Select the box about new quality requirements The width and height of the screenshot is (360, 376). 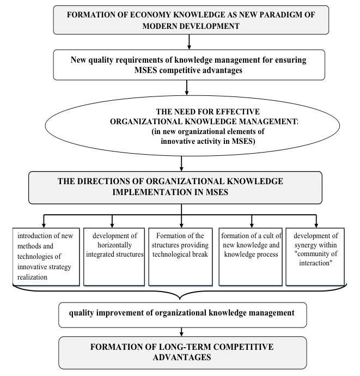pos(189,65)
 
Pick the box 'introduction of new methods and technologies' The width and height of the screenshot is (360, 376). pos(46,257)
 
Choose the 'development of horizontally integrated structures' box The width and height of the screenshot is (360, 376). pos(114,257)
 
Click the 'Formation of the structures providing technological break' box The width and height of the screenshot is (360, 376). pos(180,257)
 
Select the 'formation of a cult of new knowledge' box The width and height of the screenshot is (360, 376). pos(251,257)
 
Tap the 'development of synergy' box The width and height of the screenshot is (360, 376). pos(315,257)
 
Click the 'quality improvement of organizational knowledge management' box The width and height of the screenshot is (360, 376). pos(182,315)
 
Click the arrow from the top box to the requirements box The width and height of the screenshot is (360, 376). pos(189,42)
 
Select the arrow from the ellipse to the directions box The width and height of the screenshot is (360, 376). pos(181,163)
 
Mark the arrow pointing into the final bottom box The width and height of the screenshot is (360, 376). pos(181,332)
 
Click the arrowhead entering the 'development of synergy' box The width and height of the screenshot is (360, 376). pos(316,226)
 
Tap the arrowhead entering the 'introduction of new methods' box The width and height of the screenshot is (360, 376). pos(44,226)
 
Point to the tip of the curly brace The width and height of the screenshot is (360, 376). pos(180,299)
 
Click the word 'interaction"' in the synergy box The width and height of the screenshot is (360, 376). pos(316,263)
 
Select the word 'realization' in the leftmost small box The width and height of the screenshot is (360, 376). pos(32,277)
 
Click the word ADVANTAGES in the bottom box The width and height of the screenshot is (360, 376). pos(182,357)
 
